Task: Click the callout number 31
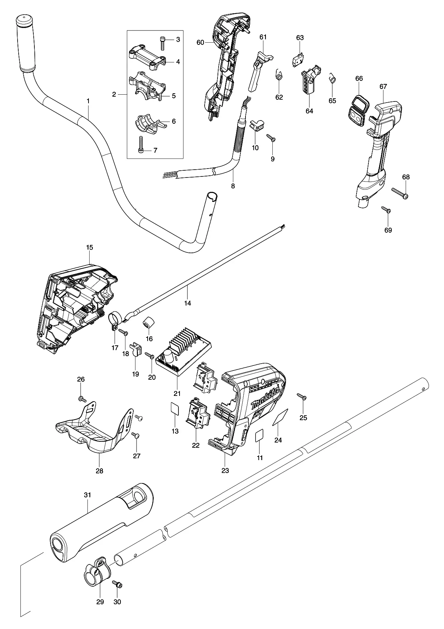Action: [87, 495]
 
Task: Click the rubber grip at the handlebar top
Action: [25, 43]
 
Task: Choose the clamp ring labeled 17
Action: [115, 320]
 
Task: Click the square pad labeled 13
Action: [175, 408]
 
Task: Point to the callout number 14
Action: [187, 303]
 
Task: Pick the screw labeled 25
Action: [302, 396]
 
